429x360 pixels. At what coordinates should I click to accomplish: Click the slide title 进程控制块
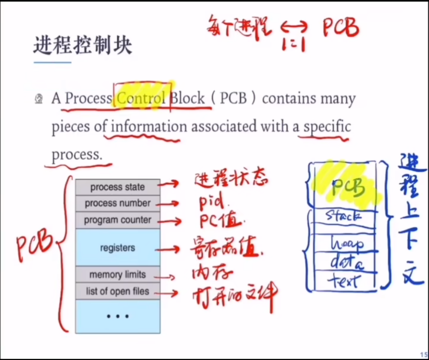[83, 46]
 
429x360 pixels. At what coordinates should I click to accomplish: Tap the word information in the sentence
[149, 127]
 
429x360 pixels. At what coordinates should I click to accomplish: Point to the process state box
[117, 187]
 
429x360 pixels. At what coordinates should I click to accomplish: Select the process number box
[117, 203]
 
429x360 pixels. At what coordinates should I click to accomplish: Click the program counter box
[117, 220]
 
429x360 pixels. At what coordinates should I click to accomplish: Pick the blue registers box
[117, 247]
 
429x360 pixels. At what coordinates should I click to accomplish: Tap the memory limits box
[117, 274]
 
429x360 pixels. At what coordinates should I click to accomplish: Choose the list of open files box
[117, 291]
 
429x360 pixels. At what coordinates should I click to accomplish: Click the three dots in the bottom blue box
[117, 316]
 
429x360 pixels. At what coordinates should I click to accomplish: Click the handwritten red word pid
[212, 203]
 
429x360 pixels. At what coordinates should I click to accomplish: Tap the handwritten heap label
[347, 243]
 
